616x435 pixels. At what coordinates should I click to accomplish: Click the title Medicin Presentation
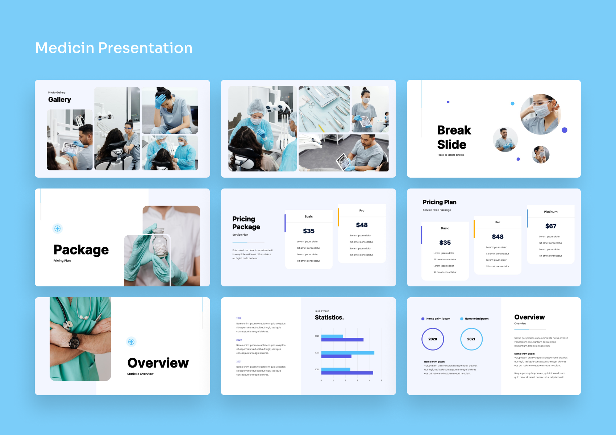[x=114, y=48]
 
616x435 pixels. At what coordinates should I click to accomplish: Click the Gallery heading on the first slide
[x=59, y=100]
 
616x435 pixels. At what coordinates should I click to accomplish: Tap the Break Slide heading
[x=454, y=137]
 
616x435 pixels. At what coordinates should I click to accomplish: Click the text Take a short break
[x=450, y=155]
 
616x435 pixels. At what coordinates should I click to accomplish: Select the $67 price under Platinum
[x=550, y=226]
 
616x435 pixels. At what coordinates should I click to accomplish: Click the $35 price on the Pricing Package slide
[x=308, y=231]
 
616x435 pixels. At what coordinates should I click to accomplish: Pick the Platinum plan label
[x=550, y=212]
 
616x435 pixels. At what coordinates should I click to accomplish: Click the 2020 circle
[x=433, y=339]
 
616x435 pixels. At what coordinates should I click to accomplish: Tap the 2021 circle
[x=471, y=339]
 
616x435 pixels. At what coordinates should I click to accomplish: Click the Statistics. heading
[x=329, y=318]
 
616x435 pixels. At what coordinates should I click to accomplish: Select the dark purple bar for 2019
[x=342, y=340]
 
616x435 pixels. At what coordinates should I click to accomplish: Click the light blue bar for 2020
[x=347, y=353]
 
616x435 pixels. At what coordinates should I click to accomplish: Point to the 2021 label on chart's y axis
[x=317, y=369]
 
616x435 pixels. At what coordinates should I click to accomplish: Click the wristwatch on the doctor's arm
[x=75, y=341]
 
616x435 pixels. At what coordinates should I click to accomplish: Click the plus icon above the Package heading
[x=57, y=228]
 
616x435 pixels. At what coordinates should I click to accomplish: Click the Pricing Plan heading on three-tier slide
[x=439, y=202]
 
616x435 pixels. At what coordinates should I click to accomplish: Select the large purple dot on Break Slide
[x=564, y=130]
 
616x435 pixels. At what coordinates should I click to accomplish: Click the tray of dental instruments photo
[x=324, y=109]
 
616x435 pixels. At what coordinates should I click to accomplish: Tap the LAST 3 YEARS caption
[x=322, y=311]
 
